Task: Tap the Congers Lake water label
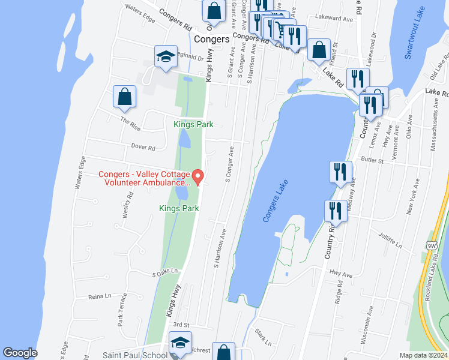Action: [276, 201]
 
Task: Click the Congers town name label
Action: [212, 39]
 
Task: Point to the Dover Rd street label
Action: [143, 147]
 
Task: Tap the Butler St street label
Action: [372, 160]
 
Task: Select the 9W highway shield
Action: [431, 245]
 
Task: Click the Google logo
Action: [20, 353]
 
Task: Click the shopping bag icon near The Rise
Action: [124, 97]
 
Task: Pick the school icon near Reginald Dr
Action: [166, 57]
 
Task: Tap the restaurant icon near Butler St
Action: [340, 172]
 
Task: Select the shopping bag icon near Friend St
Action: [319, 49]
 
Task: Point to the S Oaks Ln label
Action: [166, 272]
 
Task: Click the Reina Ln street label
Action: [100, 296]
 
